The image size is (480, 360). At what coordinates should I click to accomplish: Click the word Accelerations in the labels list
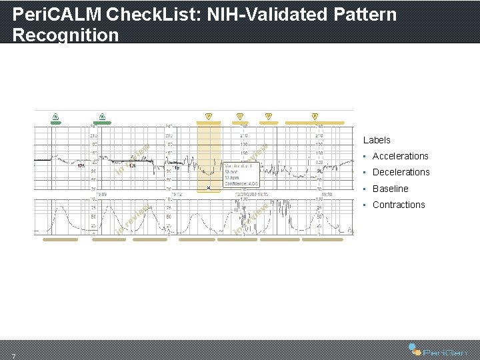(400, 156)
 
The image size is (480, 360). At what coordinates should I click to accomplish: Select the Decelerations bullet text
(401, 172)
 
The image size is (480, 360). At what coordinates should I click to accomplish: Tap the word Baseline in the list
(390, 189)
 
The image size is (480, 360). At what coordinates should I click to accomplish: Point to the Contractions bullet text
(398, 205)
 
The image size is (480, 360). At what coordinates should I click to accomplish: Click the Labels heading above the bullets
(377, 140)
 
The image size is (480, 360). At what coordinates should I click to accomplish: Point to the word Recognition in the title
(65, 35)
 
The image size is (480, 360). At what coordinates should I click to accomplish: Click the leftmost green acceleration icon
(56, 117)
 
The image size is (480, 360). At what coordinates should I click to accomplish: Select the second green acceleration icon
(102, 117)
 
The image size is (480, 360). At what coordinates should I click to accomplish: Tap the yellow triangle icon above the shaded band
(208, 116)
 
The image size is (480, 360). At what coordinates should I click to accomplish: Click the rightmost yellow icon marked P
(315, 116)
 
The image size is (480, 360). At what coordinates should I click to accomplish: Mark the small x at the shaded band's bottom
(209, 188)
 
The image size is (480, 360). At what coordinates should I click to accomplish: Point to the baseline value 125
(81, 166)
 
